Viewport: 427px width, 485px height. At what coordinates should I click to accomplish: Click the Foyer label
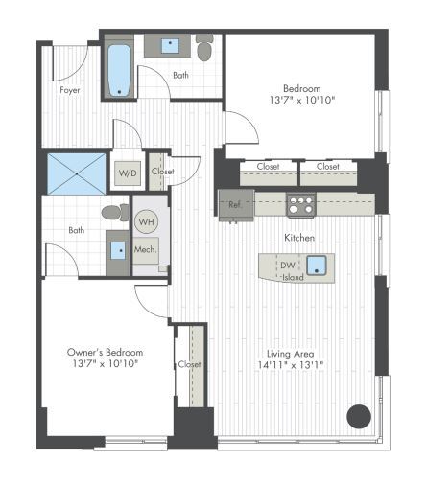[69, 90]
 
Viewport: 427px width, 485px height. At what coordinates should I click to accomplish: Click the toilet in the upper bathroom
[203, 49]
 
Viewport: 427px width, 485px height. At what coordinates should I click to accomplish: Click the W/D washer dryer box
[127, 174]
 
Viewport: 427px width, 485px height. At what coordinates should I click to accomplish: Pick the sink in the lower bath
[119, 250]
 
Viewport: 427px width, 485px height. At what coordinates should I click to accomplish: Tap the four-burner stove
[301, 203]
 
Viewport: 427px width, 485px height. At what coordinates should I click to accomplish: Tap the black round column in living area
[359, 416]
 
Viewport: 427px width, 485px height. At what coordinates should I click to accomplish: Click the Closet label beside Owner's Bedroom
[189, 365]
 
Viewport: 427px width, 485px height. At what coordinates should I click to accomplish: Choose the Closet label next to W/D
[162, 172]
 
